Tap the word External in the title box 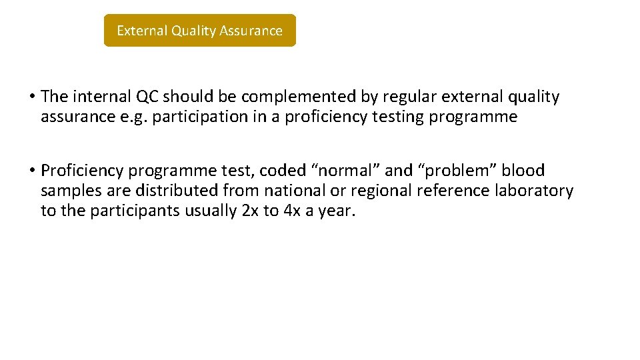142,31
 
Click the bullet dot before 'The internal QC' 32,97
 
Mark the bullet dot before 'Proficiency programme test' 32,171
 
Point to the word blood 525,171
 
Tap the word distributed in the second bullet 177,191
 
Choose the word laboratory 533,191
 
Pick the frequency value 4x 291,212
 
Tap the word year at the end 337,212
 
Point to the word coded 279,171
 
